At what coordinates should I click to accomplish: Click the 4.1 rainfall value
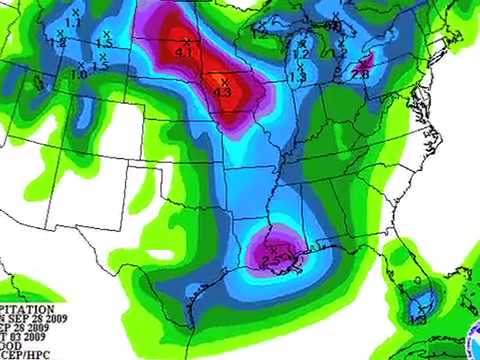184,51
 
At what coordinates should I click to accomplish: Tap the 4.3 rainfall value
223,91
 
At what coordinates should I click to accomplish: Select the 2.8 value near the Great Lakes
360,73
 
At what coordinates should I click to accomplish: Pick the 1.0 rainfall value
79,74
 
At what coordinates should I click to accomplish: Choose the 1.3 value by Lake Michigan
297,76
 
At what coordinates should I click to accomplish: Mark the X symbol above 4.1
185,40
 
